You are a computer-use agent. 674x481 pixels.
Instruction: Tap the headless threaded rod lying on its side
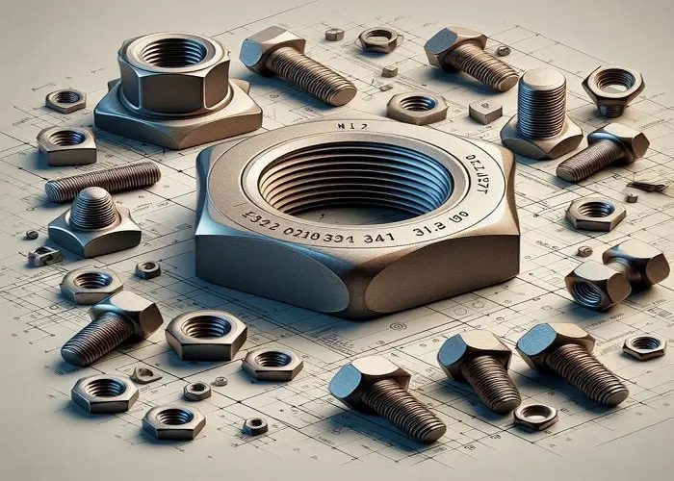pyautogui.click(x=103, y=180)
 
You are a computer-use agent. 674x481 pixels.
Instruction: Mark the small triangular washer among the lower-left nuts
pyautogui.click(x=145, y=374)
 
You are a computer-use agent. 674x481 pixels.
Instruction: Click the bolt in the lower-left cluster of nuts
pyautogui.click(x=111, y=327)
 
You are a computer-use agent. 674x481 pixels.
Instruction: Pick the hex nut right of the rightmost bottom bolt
pyautogui.click(x=644, y=345)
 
